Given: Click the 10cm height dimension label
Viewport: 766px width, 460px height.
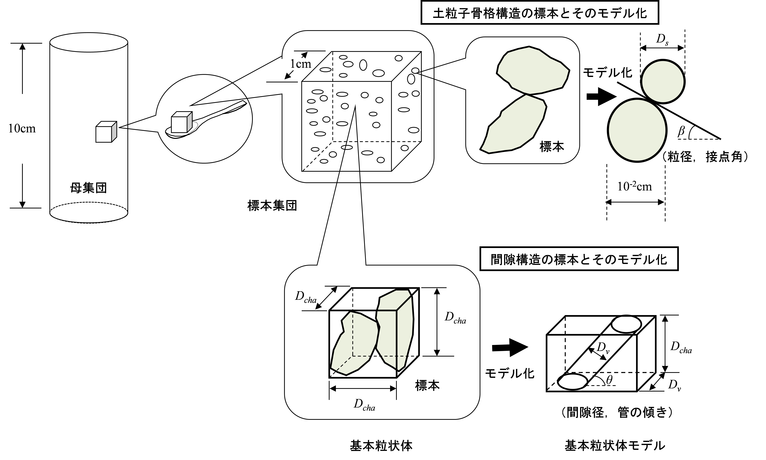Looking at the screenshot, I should point(22,128).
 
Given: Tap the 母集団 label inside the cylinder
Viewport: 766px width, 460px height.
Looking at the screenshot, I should point(89,188).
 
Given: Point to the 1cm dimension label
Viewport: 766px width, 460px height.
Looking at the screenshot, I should point(300,64).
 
